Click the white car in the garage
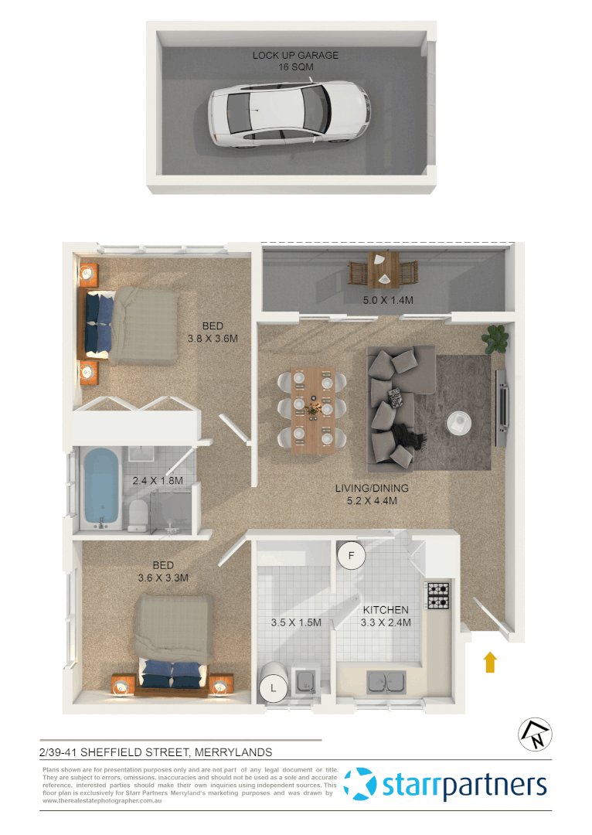[288, 114]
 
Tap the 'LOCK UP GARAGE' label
[295, 56]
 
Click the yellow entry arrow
[490, 662]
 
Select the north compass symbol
[534, 734]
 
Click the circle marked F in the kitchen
[352, 555]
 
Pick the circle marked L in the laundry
[272, 686]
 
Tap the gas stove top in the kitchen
[438, 595]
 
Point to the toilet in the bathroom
[138, 513]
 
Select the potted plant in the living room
[495, 337]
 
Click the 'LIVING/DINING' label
[372, 489]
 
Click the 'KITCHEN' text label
[386, 610]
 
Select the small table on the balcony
[383, 268]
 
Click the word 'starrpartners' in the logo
[464, 786]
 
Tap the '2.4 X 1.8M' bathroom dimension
[157, 480]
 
